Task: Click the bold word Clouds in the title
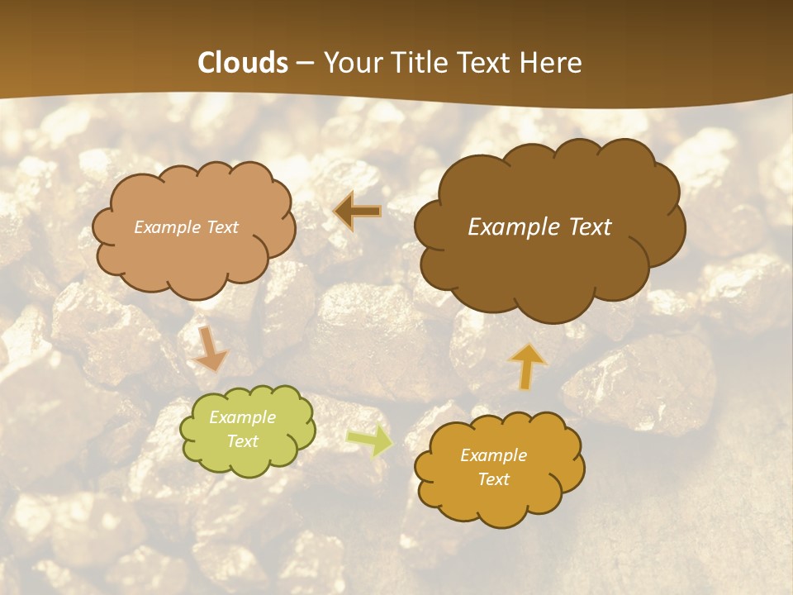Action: click(x=243, y=63)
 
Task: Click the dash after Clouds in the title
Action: click(x=305, y=63)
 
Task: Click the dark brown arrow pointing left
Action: click(x=358, y=212)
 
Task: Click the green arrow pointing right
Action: click(x=368, y=440)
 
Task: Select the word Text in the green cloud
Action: click(x=243, y=441)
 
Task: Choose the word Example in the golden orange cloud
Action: click(x=493, y=455)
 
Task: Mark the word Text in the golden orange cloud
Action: click(x=493, y=479)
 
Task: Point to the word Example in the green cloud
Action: click(x=243, y=417)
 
